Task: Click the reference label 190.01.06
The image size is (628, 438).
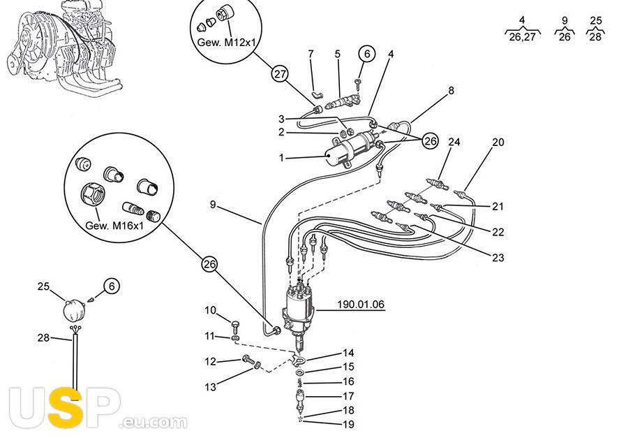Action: pyautogui.click(x=361, y=305)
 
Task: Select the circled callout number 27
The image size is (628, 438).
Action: pyautogui.click(x=280, y=75)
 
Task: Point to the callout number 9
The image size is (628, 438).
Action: pyautogui.click(x=213, y=205)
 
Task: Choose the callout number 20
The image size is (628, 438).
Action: pyautogui.click(x=498, y=143)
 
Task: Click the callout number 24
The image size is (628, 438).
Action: pyautogui.click(x=454, y=143)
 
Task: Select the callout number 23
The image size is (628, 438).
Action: pyautogui.click(x=498, y=258)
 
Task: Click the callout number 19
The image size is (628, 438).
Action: pyautogui.click(x=348, y=425)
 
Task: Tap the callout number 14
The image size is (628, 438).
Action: pyautogui.click(x=348, y=353)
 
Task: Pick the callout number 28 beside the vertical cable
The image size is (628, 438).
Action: pyautogui.click(x=43, y=338)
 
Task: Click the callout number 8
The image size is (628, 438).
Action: pyautogui.click(x=451, y=90)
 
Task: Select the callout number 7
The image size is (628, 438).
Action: pyautogui.click(x=311, y=54)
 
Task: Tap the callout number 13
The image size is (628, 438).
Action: pyautogui.click(x=210, y=386)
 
